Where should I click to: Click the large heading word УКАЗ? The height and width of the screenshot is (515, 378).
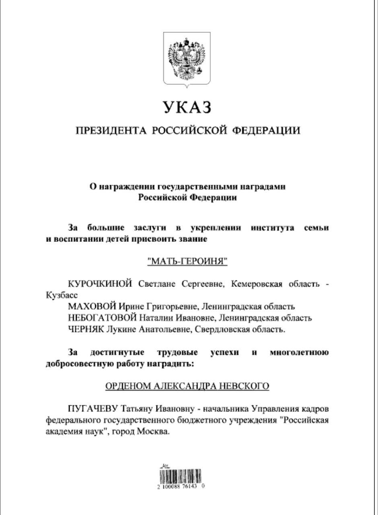pyautogui.click(x=187, y=107)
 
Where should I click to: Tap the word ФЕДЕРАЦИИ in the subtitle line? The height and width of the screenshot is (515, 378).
pyautogui.click(x=267, y=130)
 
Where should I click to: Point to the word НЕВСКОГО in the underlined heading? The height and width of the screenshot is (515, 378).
pyautogui.click(x=243, y=386)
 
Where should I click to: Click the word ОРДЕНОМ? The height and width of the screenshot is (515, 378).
pyautogui.click(x=127, y=386)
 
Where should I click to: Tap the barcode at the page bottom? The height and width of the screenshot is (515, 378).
pyautogui.click(x=181, y=476)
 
